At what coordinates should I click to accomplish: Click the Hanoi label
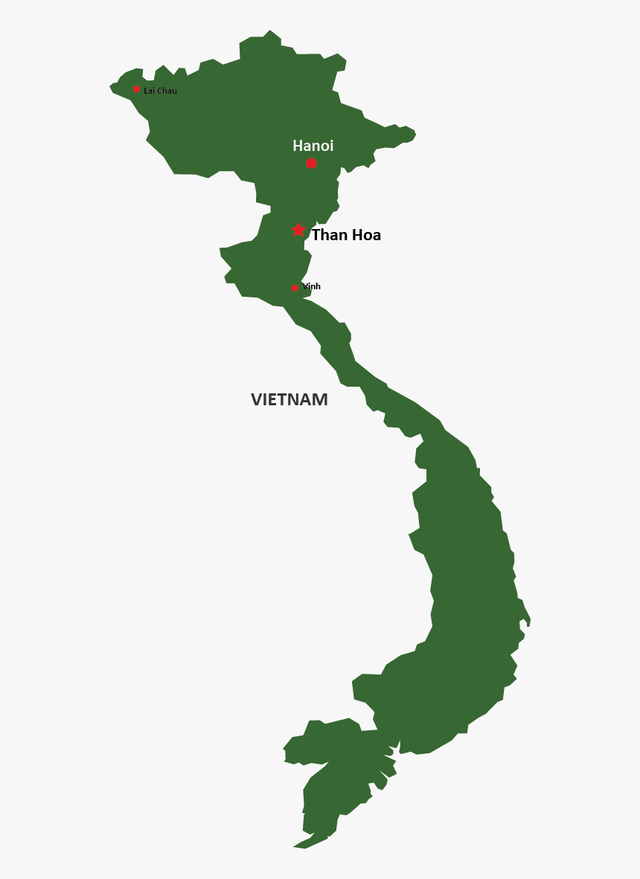coord(313,146)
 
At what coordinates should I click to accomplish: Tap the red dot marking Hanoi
coord(311,164)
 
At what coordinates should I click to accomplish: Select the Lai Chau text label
coord(160,91)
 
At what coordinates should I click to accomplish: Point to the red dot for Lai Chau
coord(136,89)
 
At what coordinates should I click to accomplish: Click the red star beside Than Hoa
coord(298,231)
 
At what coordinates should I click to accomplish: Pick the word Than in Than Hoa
coord(327,235)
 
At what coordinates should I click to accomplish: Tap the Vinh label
coord(311,286)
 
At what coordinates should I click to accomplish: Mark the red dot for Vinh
coord(295,288)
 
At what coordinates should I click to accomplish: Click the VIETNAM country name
coord(289,399)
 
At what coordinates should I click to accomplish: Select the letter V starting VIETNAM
coord(257,399)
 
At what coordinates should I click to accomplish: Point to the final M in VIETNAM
coord(320,399)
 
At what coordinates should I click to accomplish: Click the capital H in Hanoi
coord(298,146)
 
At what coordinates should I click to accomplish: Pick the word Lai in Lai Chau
coord(148,91)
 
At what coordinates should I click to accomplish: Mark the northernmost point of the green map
coord(270,31)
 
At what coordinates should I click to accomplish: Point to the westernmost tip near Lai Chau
coord(111,87)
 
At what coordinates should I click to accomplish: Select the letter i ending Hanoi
coord(331,146)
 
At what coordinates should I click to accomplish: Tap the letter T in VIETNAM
coord(284,399)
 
